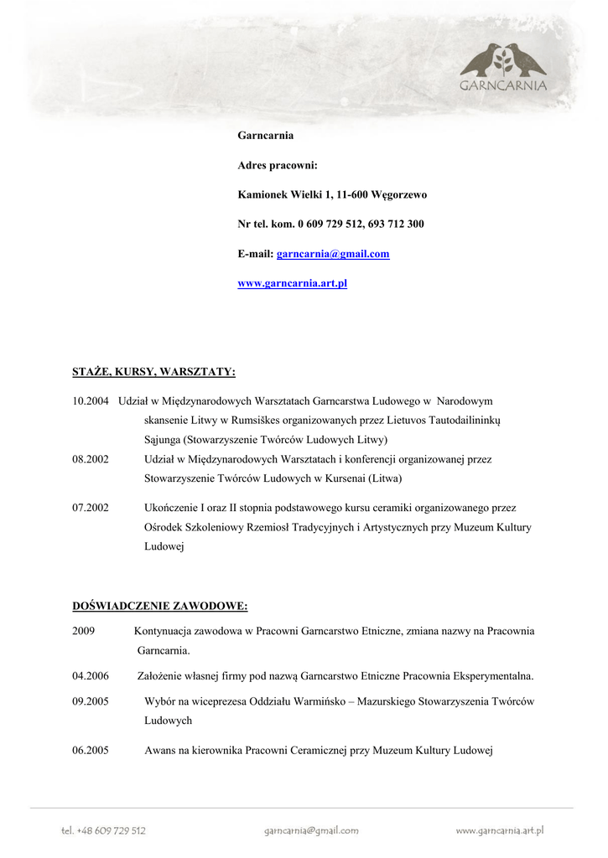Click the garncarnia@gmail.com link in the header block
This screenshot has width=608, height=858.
coord(333,254)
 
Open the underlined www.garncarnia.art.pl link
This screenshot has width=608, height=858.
coord(292,283)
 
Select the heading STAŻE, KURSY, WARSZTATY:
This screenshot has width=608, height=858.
coord(153,371)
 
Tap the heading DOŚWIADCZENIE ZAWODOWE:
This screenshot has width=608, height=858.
coord(159,606)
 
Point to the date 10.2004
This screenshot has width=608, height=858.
coord(91,401)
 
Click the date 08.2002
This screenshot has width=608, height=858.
coord(91,459)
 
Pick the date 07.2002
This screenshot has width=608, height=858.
coord(91,508)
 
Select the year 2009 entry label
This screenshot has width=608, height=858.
coord(83,630)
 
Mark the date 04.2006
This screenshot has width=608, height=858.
coord(91,675)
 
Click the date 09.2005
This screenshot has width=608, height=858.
coord(91,701)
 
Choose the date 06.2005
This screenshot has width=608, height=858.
coord(91,751)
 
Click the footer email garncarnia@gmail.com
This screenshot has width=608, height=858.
coord(311,830)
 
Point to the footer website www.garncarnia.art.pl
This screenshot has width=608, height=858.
coord(500,830)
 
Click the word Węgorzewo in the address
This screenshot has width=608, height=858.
coord(399,194)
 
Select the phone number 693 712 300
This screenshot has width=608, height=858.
coord(395,224)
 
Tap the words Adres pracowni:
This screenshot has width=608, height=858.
coord(278,165)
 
